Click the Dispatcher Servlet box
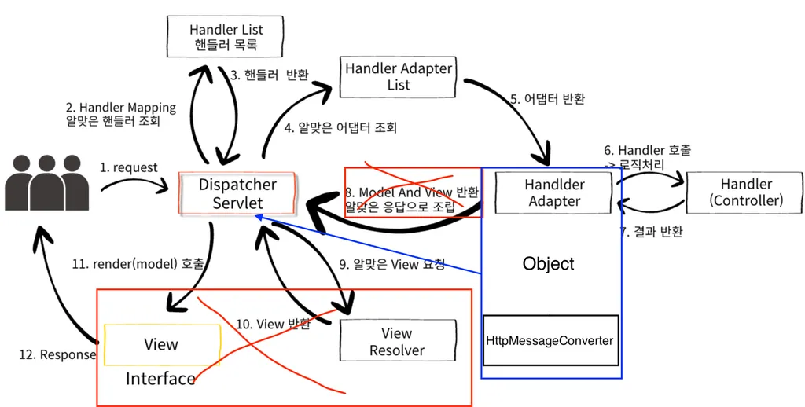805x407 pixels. [237, 194]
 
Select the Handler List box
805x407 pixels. [226, 37]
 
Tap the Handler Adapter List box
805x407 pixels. [398, 76]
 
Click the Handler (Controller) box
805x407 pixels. [746, 192]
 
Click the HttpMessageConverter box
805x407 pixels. [550, 340]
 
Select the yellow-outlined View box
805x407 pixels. [161, 344]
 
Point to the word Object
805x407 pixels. [548, 264]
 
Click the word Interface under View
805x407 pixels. [160, 379]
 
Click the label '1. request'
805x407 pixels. [128, 167]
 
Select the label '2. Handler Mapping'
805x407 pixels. [121, 108]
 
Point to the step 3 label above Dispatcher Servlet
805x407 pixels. [270, 75]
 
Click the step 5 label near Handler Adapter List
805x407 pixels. [547, 100]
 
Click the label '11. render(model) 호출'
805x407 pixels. [138, 265]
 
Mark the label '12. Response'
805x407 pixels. [57, 354]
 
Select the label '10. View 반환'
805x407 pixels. [274, 324]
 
